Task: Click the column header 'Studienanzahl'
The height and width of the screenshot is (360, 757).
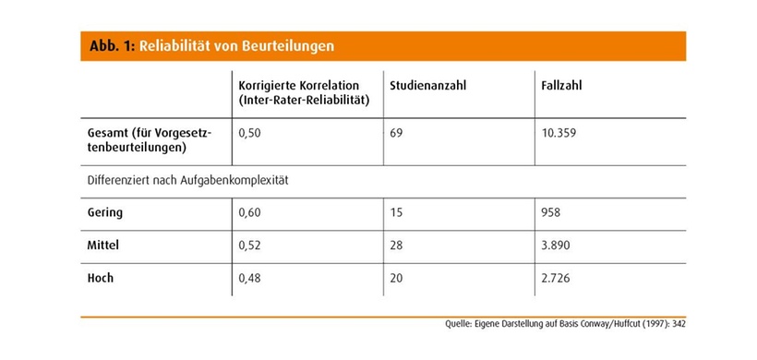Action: point(427,86)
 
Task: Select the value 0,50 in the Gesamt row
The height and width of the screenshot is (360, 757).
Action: point(250,133)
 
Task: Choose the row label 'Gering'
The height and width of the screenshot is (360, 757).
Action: point(103,213)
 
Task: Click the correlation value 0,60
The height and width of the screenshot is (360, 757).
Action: point(250,213)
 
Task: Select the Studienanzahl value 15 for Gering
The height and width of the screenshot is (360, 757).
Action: point(397,213)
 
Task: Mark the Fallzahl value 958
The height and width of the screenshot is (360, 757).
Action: point(552,213)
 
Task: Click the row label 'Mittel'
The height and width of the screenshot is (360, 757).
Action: point(102,246)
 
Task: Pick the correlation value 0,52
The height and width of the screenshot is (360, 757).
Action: point(250,246)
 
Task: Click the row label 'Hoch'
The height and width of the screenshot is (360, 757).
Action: point(100,280)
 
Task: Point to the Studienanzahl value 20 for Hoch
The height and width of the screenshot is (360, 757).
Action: point(397,280)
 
